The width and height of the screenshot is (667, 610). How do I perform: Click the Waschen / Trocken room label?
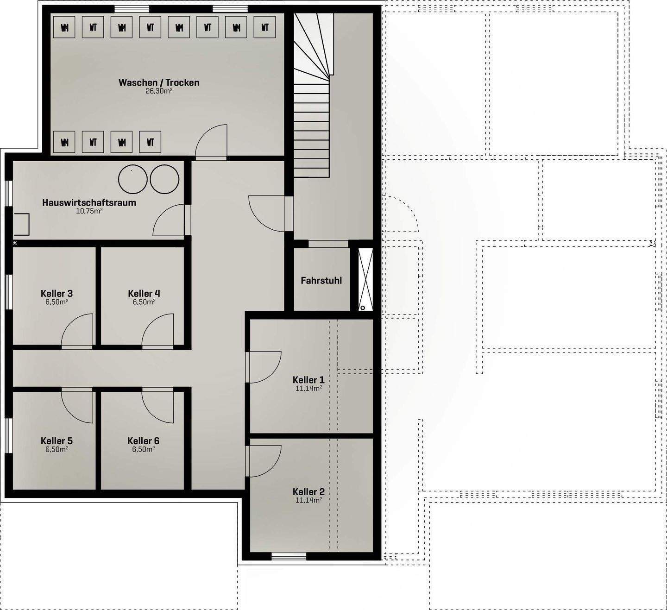pos(159,82)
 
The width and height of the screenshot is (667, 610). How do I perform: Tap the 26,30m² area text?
pos(159,91)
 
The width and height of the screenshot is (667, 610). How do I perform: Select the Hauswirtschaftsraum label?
pos(89,202)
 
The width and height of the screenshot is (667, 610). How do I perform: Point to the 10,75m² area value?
pos(89,211)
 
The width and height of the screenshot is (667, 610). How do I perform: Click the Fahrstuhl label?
pos(321,280)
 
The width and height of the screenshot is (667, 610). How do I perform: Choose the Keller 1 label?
pos(308,379)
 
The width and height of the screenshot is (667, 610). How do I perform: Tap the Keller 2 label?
pos(308,491)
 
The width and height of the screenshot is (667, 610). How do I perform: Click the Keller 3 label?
pos(57,293)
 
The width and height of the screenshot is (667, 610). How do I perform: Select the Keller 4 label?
pos(144,293)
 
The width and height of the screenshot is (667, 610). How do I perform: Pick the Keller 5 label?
pos(57,440)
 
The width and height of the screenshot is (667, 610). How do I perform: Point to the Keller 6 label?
pos(143,440)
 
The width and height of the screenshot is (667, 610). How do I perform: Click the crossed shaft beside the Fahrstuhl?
pos(365,279)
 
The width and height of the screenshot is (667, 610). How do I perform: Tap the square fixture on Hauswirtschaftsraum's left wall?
pos(21,225)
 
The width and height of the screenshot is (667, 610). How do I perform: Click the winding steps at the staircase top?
pos(313,45)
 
